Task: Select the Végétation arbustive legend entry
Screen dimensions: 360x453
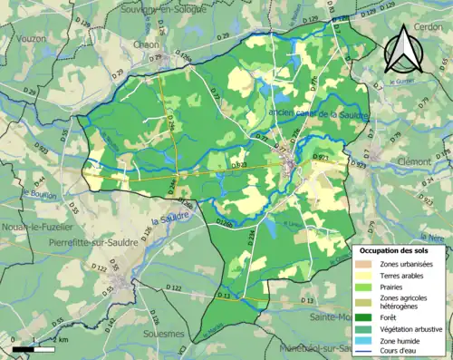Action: (x=405, y=327)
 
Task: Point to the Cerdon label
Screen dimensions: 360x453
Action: (x=430, y=26)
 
